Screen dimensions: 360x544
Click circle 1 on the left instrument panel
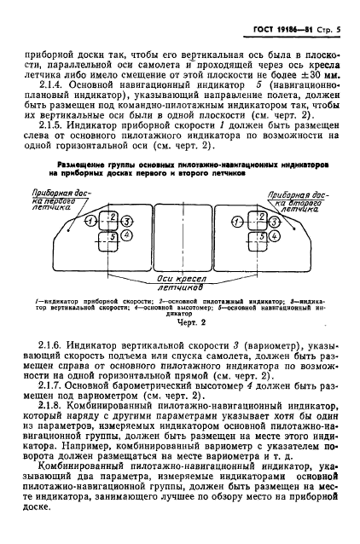pos(91,220)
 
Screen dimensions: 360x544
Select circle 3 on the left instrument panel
pos(127,221)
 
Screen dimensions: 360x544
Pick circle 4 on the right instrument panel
pos(270,234)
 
